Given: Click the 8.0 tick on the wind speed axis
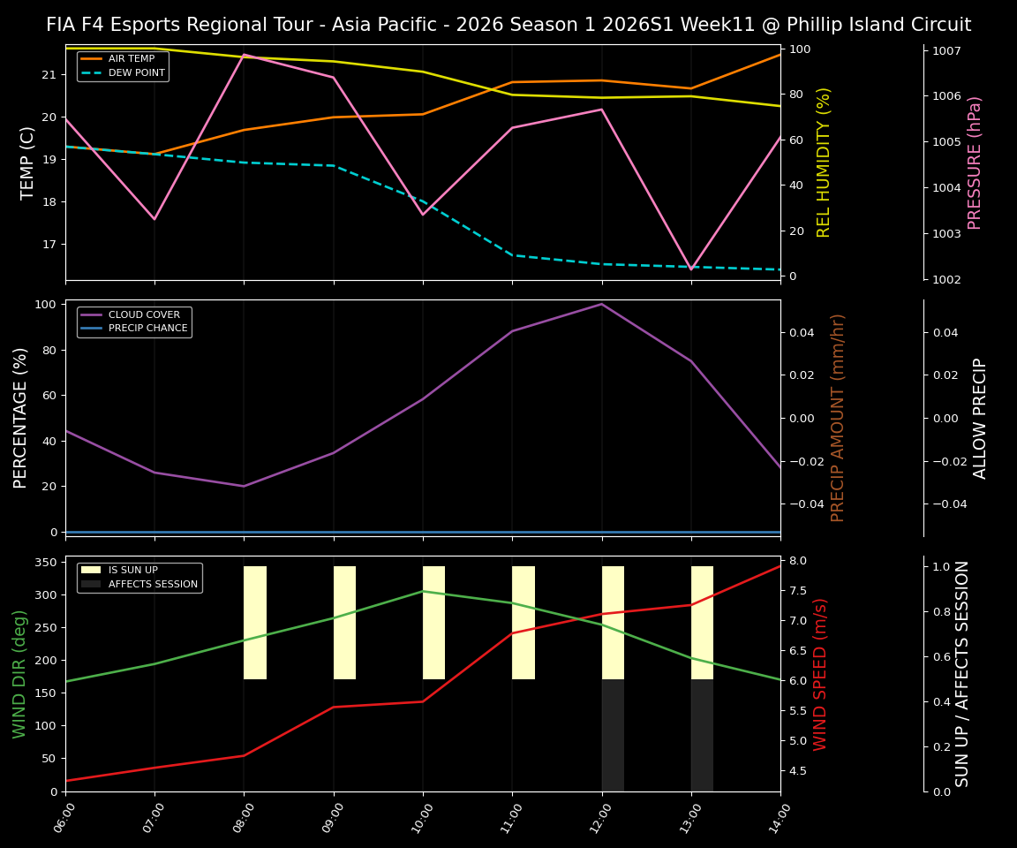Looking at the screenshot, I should (798, 561).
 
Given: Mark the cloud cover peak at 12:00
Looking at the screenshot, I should (602, 304).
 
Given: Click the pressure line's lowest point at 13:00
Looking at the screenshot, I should (691, 269).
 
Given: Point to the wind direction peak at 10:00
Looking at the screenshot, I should (423, 591).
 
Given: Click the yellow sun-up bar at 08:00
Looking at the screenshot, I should (255, 623).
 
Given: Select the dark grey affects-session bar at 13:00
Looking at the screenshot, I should (702, 735).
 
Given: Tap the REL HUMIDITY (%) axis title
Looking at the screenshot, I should (824, 162).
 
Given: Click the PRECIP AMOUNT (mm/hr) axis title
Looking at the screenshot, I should (838, 417).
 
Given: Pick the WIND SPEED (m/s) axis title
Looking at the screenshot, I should (821, 673).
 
